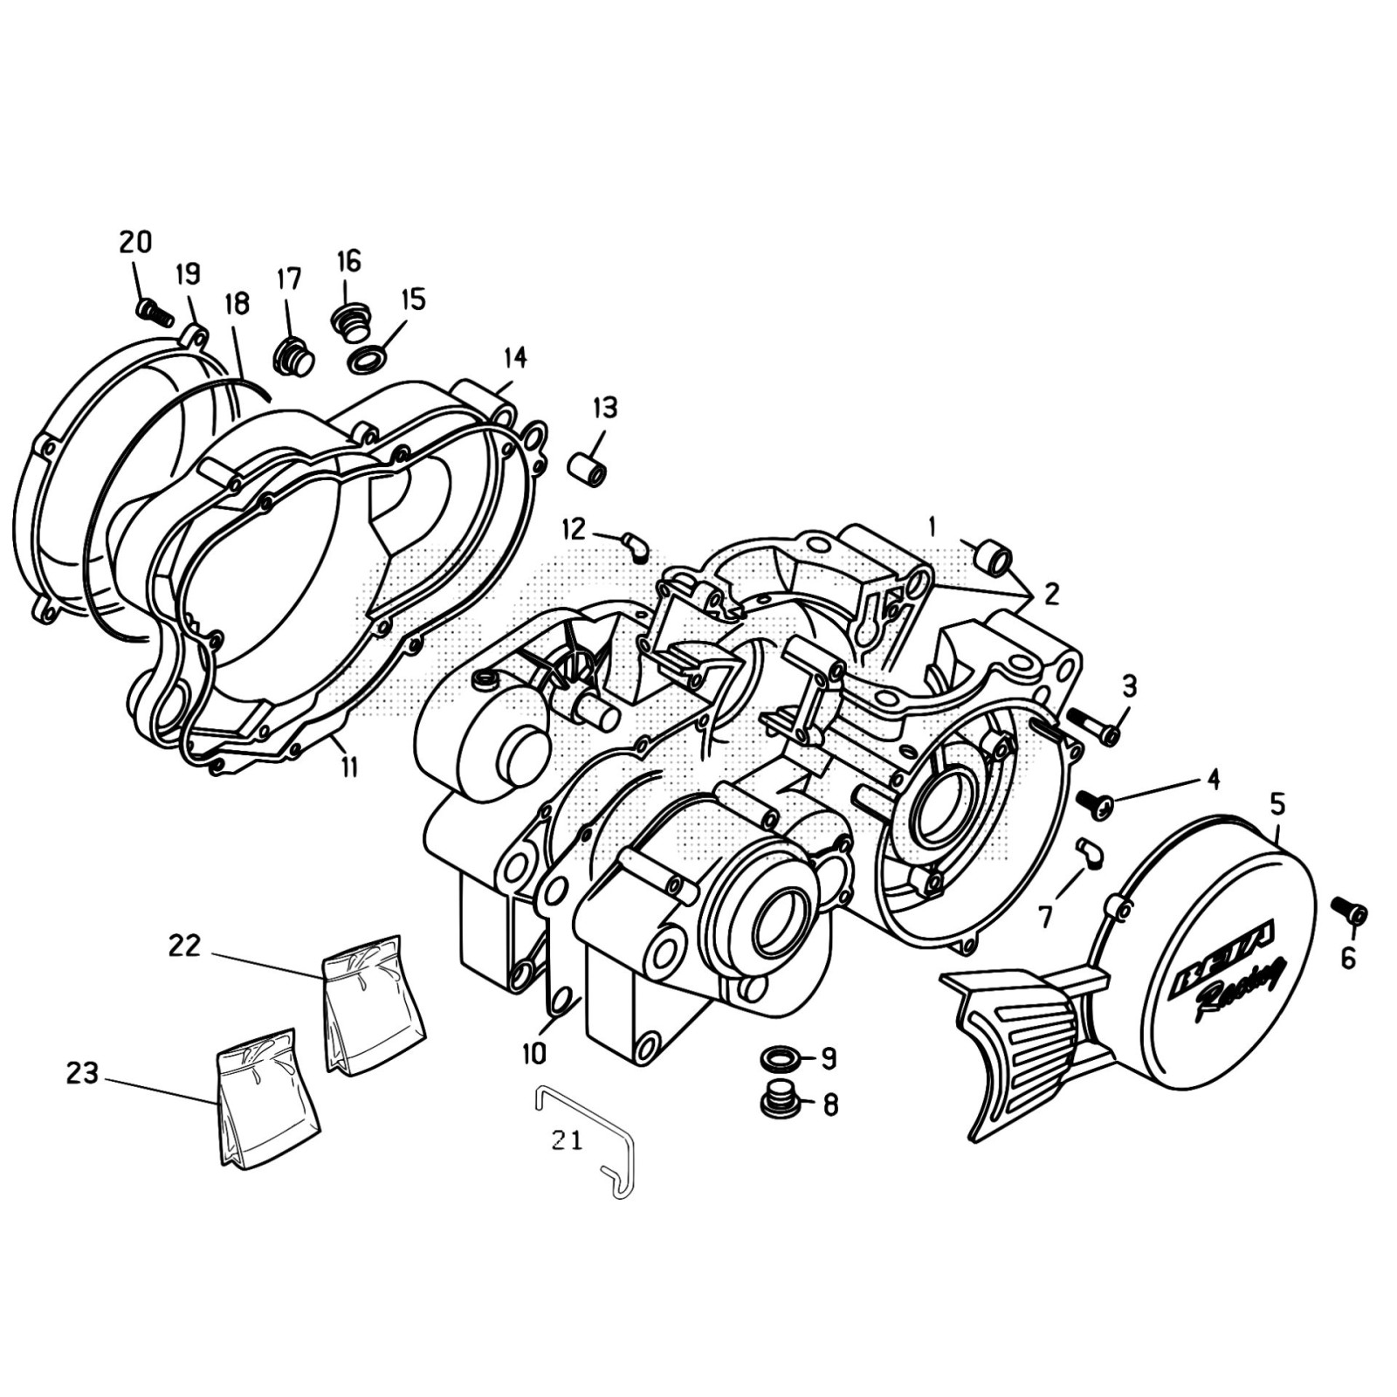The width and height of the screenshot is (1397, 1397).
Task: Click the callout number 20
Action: tap(135, 242)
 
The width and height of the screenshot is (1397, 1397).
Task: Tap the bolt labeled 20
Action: tap(155, 312)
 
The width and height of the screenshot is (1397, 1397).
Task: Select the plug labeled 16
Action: tap(350, 322)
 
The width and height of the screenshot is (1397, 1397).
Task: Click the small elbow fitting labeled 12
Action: tap(634, 547)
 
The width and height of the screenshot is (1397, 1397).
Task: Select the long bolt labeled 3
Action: tap(1092, 726)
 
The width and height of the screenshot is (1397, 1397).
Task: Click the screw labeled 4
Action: tap(1094, 803)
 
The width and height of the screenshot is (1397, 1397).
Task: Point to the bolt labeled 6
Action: tap(1350, 912)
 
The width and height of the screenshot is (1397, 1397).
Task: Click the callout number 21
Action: tap(567, 1140)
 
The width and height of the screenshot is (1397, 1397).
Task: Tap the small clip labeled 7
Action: tap(1090, 852)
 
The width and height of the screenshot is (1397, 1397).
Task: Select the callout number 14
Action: tap(515, 357)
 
